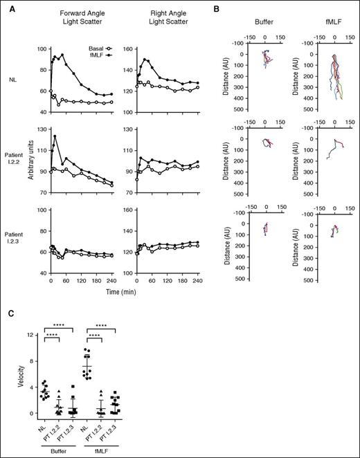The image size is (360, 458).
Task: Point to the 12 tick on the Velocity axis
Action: click(29, 336)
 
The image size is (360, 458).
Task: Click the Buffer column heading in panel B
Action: click(264, 20)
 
